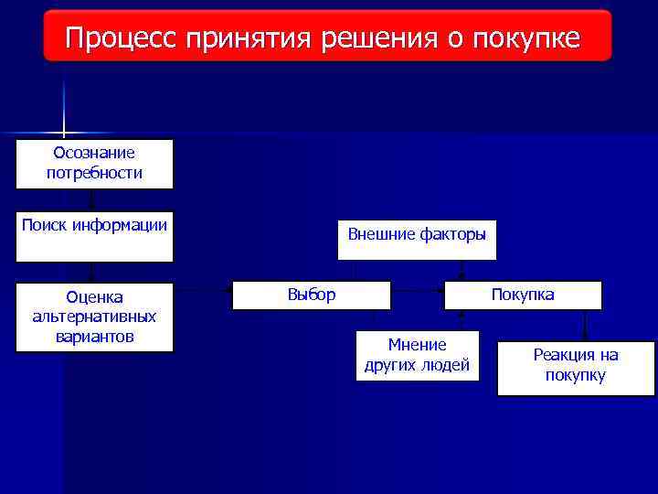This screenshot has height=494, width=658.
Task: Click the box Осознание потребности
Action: [94, 164]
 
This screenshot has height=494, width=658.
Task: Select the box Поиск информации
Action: [94, 236]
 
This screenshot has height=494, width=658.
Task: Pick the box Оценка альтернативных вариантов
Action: [94, 317]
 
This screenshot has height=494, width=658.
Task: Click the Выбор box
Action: [312, 295]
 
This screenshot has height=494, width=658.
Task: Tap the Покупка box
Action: [523, 295]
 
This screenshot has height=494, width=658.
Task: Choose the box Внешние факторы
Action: [417, 240]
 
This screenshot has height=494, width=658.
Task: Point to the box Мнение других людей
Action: [417, 355]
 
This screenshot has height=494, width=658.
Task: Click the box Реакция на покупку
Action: [576, 368]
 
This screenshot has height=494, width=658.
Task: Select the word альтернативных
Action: [94, 317]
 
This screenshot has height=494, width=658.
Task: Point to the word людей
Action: [448, 366]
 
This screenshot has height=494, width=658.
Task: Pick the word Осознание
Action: [94, 154]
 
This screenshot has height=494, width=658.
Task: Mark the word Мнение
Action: [417, 345]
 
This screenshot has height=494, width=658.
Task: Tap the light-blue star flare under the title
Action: [64, 133]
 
